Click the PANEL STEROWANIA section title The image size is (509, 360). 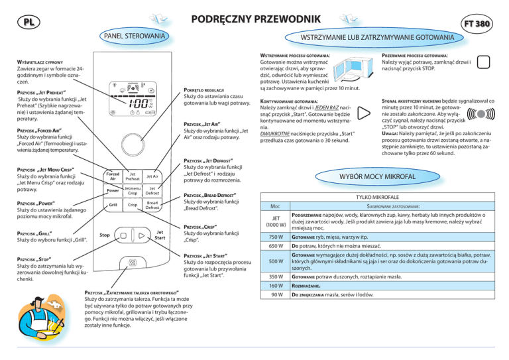coord(135,35)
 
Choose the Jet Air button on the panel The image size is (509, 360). coord(152,176)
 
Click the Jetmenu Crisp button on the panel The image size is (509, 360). coord(133,191)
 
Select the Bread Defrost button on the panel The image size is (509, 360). coord(152,206)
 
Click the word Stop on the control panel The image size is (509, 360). coord(105,235)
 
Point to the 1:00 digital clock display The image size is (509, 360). coord(140,103)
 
